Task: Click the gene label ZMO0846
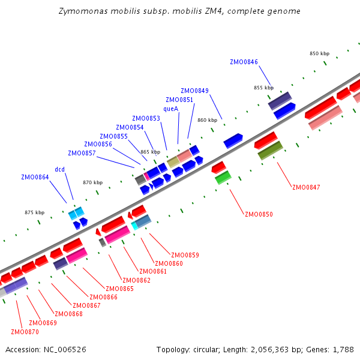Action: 244,62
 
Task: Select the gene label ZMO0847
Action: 306,187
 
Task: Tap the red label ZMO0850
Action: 259,214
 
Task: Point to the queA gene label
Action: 171,109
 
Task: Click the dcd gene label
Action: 60,169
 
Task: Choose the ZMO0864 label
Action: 35,177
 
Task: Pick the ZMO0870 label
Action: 25,332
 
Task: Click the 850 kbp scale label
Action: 319,53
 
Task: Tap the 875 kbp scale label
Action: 34,212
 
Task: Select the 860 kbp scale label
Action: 207,120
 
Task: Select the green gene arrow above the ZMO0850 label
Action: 223,178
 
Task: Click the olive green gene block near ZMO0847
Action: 270,150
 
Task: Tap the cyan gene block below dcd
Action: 76,212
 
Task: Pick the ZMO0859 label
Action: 185,255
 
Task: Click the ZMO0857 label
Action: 82,153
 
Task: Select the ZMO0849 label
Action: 194,91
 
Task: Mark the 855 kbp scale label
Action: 263,88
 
